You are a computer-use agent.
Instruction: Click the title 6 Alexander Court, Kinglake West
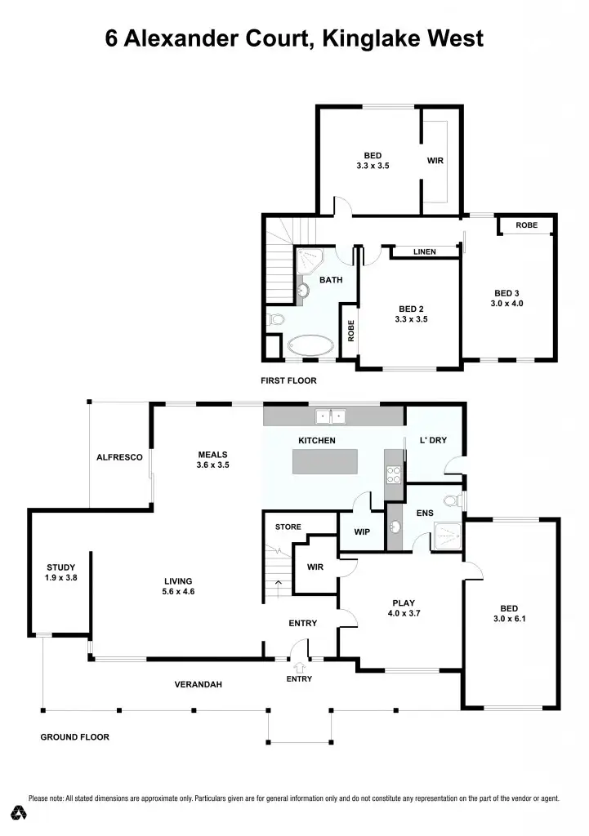294,38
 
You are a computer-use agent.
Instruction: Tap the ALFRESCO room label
119,457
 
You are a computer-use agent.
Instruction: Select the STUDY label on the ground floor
60,567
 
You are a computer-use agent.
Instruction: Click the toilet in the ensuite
450,500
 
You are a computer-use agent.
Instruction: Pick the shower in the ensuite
445,533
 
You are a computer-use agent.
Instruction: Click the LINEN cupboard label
424,252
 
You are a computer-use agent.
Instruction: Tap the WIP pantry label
363,532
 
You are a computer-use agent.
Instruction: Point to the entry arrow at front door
299,668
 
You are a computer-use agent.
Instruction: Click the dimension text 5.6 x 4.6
178,592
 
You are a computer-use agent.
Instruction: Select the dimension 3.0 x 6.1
509,619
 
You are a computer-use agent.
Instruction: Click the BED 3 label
506,293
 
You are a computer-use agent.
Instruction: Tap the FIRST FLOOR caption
288,380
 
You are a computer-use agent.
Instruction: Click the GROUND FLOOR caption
75,737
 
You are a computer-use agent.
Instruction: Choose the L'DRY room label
434,441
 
